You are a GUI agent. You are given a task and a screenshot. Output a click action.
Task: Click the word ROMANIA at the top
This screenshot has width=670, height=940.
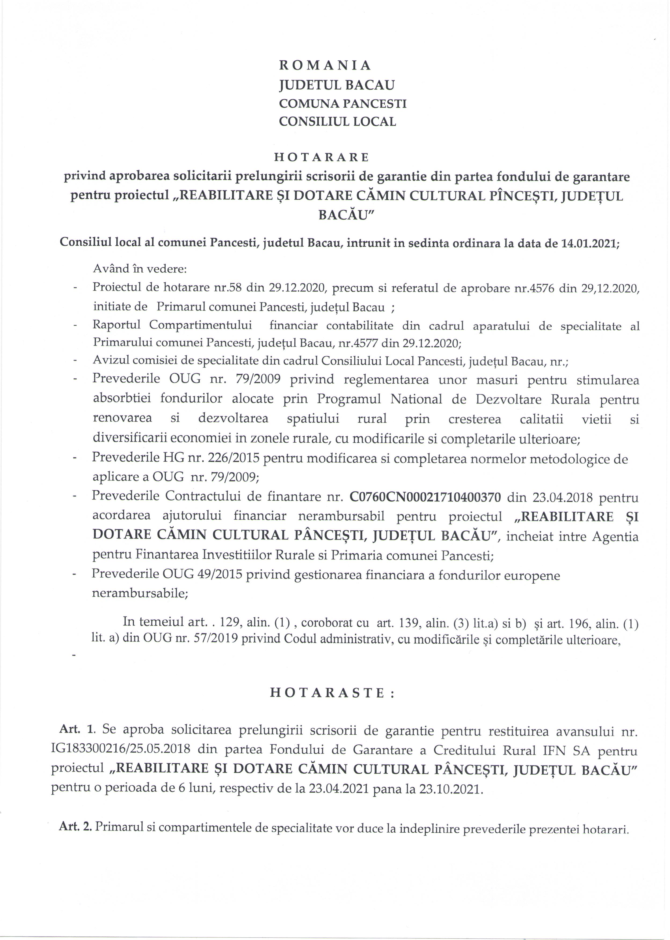tap(325, 65)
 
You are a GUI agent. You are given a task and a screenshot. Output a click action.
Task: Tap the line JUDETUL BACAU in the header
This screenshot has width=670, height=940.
tap(337, 85)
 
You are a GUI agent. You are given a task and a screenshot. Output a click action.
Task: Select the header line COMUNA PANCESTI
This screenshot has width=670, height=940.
tap(343, 104)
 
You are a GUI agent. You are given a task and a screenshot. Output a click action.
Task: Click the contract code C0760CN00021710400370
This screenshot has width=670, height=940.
tap(425, 497)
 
